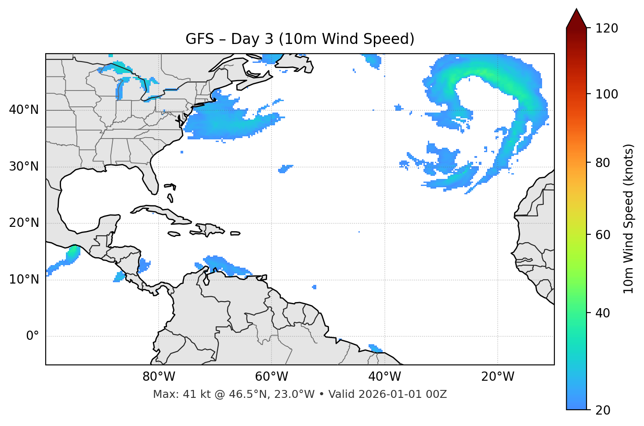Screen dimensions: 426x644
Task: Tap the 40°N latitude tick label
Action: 24,110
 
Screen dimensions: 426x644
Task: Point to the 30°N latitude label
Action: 24,167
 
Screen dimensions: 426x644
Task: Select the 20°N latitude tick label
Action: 24,223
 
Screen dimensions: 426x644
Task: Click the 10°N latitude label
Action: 24,280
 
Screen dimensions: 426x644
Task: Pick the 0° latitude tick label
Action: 33,336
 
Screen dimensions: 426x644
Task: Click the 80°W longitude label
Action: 159,377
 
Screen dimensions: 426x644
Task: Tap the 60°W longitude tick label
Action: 271,377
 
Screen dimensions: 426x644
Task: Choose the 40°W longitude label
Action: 384,377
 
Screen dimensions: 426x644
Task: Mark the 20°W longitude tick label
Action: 498,377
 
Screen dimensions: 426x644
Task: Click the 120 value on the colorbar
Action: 607,28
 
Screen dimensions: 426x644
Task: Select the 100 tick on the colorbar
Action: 607,94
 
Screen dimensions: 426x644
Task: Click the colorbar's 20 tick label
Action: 603,410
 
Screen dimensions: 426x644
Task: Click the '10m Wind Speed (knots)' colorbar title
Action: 629,218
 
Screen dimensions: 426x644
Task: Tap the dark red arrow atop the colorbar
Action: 576,18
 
